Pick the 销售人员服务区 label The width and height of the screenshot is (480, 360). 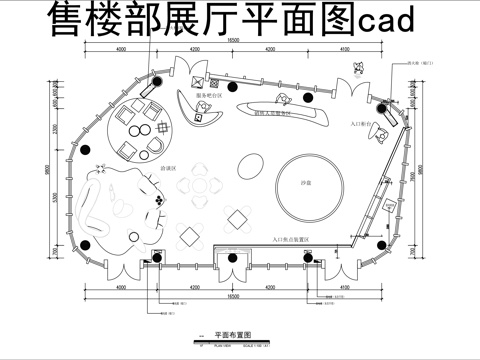pos(272,114)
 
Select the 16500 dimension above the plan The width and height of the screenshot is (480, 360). pos(232,40)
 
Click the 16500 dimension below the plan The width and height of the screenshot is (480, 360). pos(232,298)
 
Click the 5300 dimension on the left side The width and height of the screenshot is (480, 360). pos(56,197)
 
